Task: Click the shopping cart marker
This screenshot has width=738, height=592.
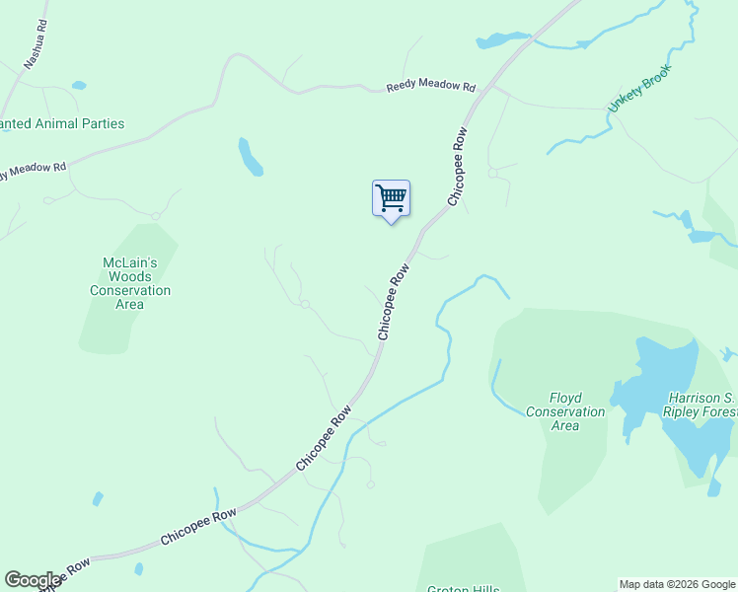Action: [391, 198]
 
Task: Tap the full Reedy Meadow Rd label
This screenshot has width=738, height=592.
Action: [424, 86]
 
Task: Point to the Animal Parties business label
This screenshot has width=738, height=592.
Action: [61, 124]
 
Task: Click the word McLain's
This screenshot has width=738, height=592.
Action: [130, 263]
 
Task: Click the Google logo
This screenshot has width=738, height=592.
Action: [33, 580]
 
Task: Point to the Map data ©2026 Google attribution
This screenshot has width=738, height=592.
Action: [677, 584]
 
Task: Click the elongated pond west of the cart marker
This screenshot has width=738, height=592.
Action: [250, 156]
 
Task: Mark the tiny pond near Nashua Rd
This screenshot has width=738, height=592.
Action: [79, 86]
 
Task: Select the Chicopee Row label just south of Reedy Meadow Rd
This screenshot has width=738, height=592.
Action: [458, 165]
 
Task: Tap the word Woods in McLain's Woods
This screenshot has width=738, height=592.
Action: [130, 277]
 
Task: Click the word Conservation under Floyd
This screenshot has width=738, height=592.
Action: [564, 411]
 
